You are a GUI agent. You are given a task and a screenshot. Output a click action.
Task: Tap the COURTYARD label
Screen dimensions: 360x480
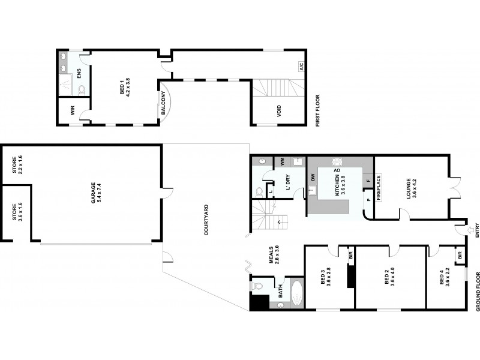click(x=206, y=220)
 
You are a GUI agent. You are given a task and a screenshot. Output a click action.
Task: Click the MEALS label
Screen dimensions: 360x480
click(x=271, y=255)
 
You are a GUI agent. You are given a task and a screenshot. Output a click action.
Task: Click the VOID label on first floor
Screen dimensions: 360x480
click(x=279, y=111)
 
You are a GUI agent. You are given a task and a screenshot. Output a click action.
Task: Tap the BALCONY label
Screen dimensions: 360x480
click(x=163, y=103)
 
